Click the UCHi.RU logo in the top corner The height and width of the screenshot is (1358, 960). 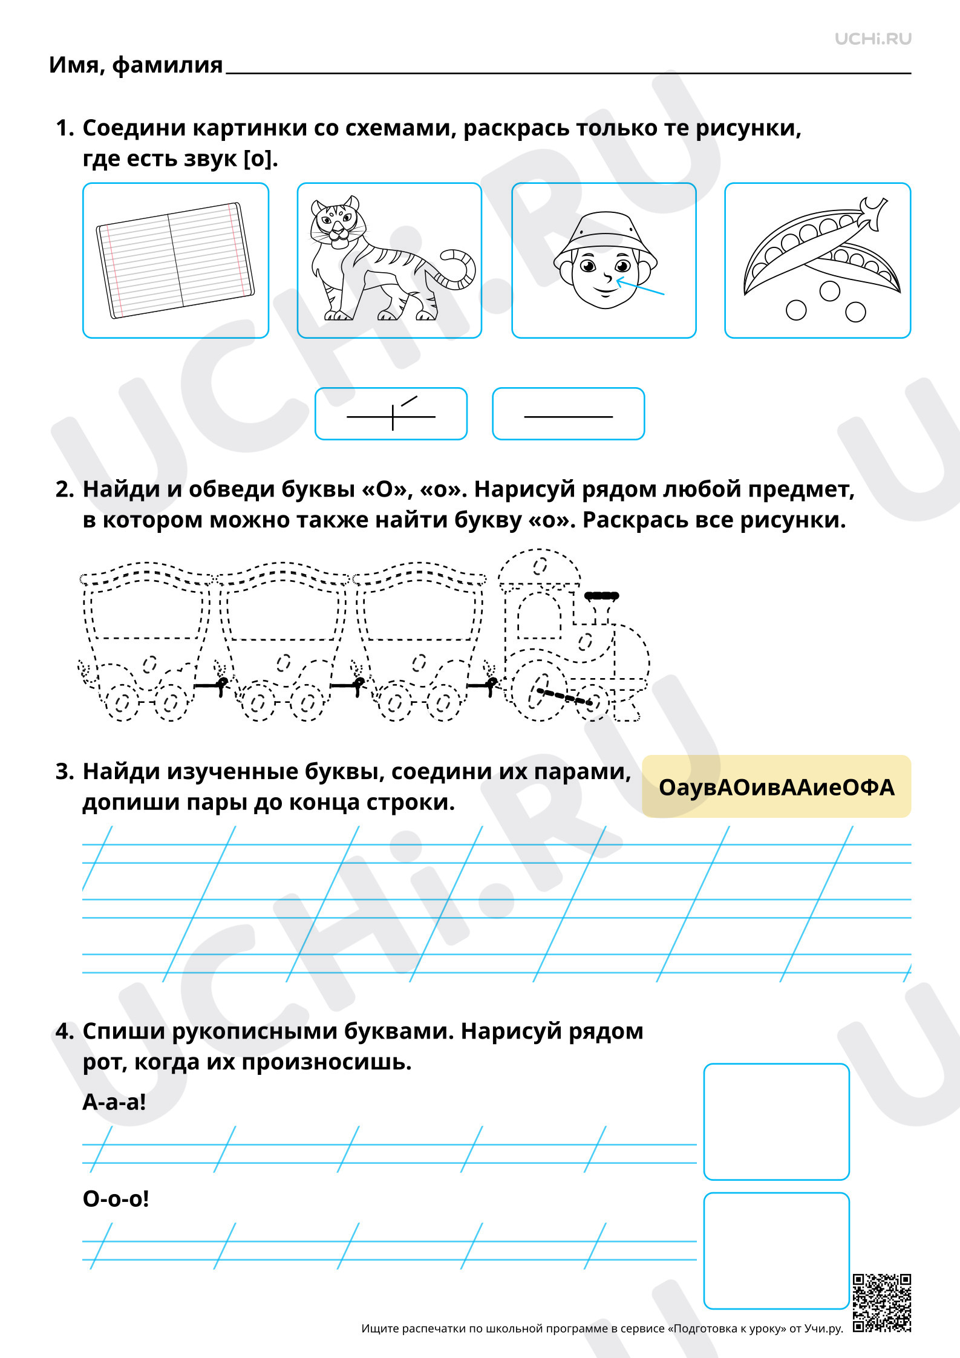click(873, 39)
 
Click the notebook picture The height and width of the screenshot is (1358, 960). click(175, 260)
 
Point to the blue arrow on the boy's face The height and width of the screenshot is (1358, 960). click(640, 286)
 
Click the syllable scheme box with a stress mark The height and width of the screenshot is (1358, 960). click(391, 414)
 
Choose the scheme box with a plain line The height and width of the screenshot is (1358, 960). click(569, 414)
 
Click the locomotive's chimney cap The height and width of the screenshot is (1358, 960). click(601, 596)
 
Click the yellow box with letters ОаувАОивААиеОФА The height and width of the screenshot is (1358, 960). click(777, 786)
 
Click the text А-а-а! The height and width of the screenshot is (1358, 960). click(114, 1102)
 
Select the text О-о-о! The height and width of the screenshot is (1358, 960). click(116, 1198)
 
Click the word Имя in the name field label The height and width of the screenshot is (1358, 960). click(74, 65)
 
